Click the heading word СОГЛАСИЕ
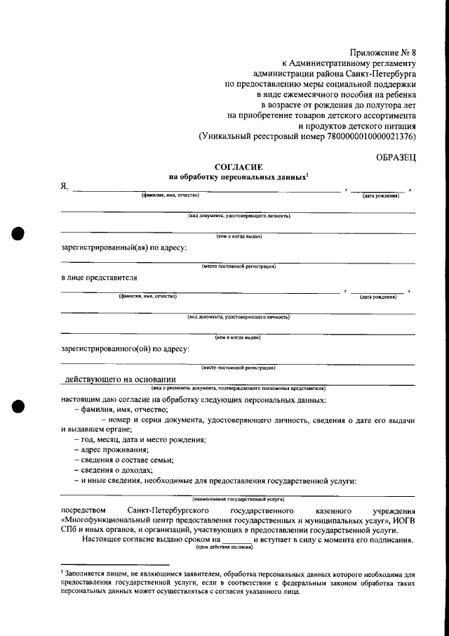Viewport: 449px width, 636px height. click(238, 167)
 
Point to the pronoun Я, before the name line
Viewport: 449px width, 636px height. click(65, 186)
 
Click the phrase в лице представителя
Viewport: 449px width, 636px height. click(99, 277)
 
